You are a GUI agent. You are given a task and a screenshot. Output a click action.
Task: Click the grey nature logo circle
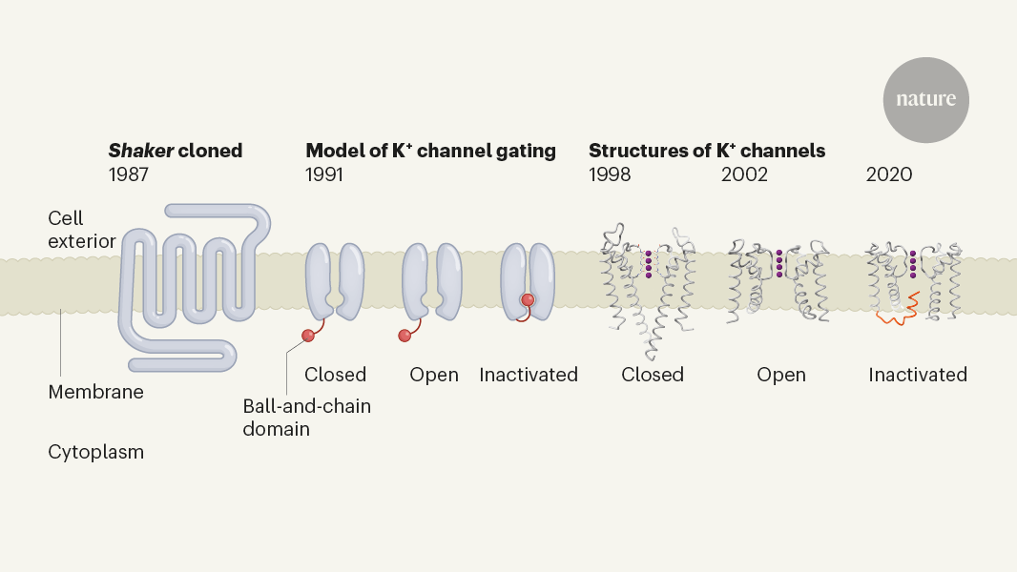(x=925, y=100)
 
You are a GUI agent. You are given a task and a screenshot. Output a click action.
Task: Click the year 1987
(x=131, y=174)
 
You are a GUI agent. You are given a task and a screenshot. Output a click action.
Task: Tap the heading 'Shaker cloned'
(x=176, y=151)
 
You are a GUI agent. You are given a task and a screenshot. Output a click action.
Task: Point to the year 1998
(x=610, y=174)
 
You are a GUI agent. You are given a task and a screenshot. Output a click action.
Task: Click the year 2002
(x=744, y=174)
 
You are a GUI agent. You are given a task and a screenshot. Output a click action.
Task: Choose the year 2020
(x=889, y=174)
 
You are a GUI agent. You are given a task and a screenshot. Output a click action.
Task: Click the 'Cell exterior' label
(x=82, y=230)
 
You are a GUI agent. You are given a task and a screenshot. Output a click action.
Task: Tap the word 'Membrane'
(x=95, y=392)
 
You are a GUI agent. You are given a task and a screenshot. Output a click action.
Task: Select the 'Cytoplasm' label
(x=95, y=452)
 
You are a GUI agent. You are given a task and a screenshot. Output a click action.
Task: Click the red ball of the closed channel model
(x=308, y=335)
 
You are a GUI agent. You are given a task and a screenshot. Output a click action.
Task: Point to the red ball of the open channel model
(x=405, y=335)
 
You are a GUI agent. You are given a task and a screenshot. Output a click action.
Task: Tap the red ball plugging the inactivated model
(x=528, y=300)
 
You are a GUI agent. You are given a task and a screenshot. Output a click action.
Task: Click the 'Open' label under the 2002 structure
(x=781, y=375)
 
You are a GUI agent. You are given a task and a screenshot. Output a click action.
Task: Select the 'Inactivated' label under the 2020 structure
(x=918, y=375)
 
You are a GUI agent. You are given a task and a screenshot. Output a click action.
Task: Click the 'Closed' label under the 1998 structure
(x=653, y=375)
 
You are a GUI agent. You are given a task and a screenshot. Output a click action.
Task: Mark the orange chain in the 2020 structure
(x=900, y=313)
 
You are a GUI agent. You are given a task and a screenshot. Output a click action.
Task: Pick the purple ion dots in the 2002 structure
(x=779, y=264)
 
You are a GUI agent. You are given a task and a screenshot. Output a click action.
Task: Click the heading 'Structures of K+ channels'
(x=707, y=151)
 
